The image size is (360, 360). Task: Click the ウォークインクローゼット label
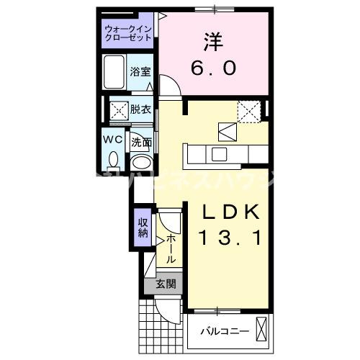point(127,32)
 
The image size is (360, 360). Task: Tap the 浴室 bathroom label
point(140,72)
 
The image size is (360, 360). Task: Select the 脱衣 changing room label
point(140,110)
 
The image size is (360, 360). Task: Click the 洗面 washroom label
point(141,142)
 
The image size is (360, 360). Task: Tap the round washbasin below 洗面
point(141,162)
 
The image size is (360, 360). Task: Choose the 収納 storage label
point(143,226)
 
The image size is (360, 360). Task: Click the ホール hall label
point(171,248)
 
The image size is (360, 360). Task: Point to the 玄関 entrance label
point(166,284)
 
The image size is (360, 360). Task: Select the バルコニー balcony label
point(224,331)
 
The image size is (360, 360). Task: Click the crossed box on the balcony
point(261,330)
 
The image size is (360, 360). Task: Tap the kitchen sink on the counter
point(217,153)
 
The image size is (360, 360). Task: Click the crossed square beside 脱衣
point(118,110)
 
